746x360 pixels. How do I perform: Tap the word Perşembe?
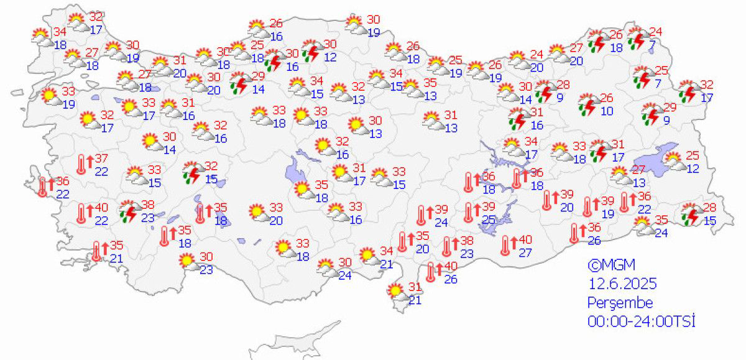620,303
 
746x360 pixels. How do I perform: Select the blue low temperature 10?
607,111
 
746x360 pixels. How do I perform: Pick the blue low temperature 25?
489,219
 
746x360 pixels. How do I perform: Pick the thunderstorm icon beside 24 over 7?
637,38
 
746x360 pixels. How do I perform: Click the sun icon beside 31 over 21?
395,291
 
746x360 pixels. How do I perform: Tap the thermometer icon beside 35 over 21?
97,251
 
